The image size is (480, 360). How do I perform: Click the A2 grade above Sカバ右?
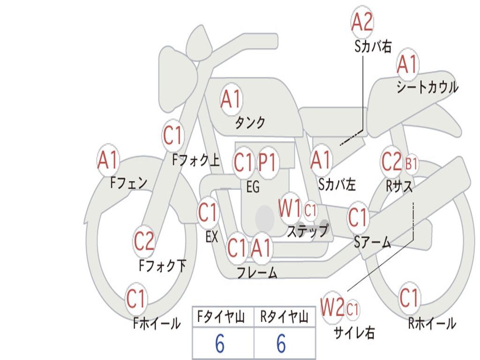click(362, 22)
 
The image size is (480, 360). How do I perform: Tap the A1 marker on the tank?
click(231, 99)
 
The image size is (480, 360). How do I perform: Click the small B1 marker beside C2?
click(412, 164)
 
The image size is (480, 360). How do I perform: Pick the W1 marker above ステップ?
click(290, 209)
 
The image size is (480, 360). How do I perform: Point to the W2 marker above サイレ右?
click(332, 307)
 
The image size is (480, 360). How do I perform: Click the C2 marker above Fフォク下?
click(144, 241)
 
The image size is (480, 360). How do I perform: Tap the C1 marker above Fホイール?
click(135, 299)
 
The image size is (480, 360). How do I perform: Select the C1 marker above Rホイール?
click(409, 298)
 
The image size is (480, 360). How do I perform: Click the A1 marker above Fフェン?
click(108, 160)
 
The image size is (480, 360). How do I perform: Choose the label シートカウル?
click(427, 87)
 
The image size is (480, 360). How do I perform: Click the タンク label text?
click(250, 122)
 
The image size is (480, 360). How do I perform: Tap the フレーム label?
click(257, 272)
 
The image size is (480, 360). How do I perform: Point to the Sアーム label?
click(373, 242)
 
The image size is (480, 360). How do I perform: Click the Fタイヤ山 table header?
click(221, 316)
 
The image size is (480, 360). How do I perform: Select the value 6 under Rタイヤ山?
click(281, 344)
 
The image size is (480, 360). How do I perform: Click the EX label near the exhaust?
click(212, 237)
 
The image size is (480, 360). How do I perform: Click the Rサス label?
click(399, 186)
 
